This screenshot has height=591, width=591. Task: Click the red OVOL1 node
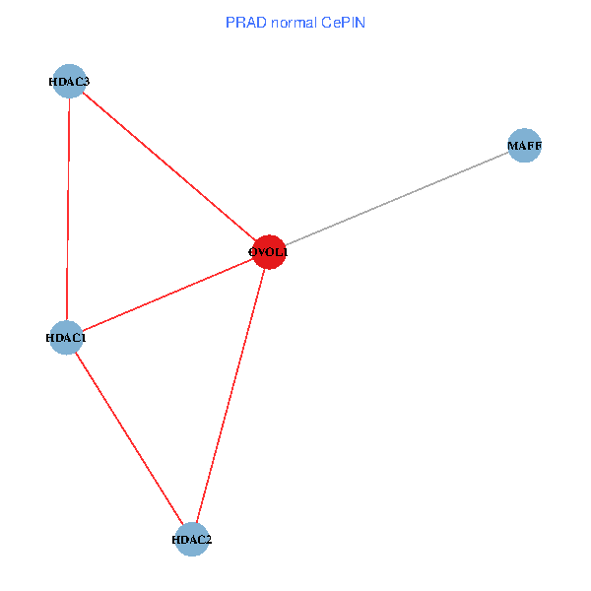(269, 252)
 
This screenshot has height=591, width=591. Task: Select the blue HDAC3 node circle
(69, 82)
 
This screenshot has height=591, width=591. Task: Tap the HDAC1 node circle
(66, 338)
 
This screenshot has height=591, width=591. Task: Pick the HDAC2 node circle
(192, 540)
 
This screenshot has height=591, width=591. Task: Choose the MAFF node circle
(524, 147)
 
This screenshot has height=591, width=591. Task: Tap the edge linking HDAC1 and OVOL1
(167, 295)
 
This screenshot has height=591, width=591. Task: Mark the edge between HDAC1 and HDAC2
(129, 438)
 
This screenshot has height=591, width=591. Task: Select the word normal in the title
(293, 22)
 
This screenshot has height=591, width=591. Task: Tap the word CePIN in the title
(344, 22)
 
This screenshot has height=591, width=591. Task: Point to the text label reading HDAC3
(69, 82)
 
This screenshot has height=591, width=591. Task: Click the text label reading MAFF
(524, 147)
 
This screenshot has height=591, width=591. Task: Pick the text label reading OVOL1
(269, 252)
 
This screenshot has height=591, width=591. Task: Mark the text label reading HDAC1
(66, 338)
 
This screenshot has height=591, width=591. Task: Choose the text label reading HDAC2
(192, 540)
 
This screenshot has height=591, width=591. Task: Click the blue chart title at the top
(295, 22)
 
